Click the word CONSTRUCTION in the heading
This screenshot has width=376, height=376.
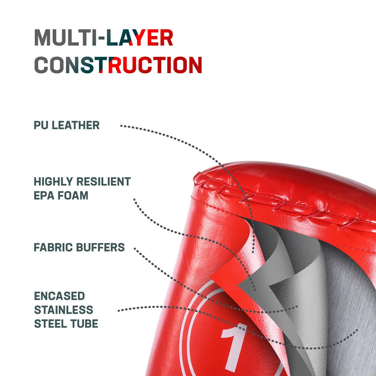118,65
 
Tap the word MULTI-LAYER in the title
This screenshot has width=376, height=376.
104,38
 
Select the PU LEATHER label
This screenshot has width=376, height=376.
67,125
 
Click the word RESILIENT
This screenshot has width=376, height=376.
104,181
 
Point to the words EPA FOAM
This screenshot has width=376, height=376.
61,195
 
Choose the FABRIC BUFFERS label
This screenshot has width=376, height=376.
79,248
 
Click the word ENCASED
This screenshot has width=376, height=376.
60,296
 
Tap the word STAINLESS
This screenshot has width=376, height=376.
64,310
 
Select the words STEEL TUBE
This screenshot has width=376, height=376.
66,324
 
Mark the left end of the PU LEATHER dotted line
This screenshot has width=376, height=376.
121,126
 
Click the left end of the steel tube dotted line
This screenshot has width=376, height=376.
119,311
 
